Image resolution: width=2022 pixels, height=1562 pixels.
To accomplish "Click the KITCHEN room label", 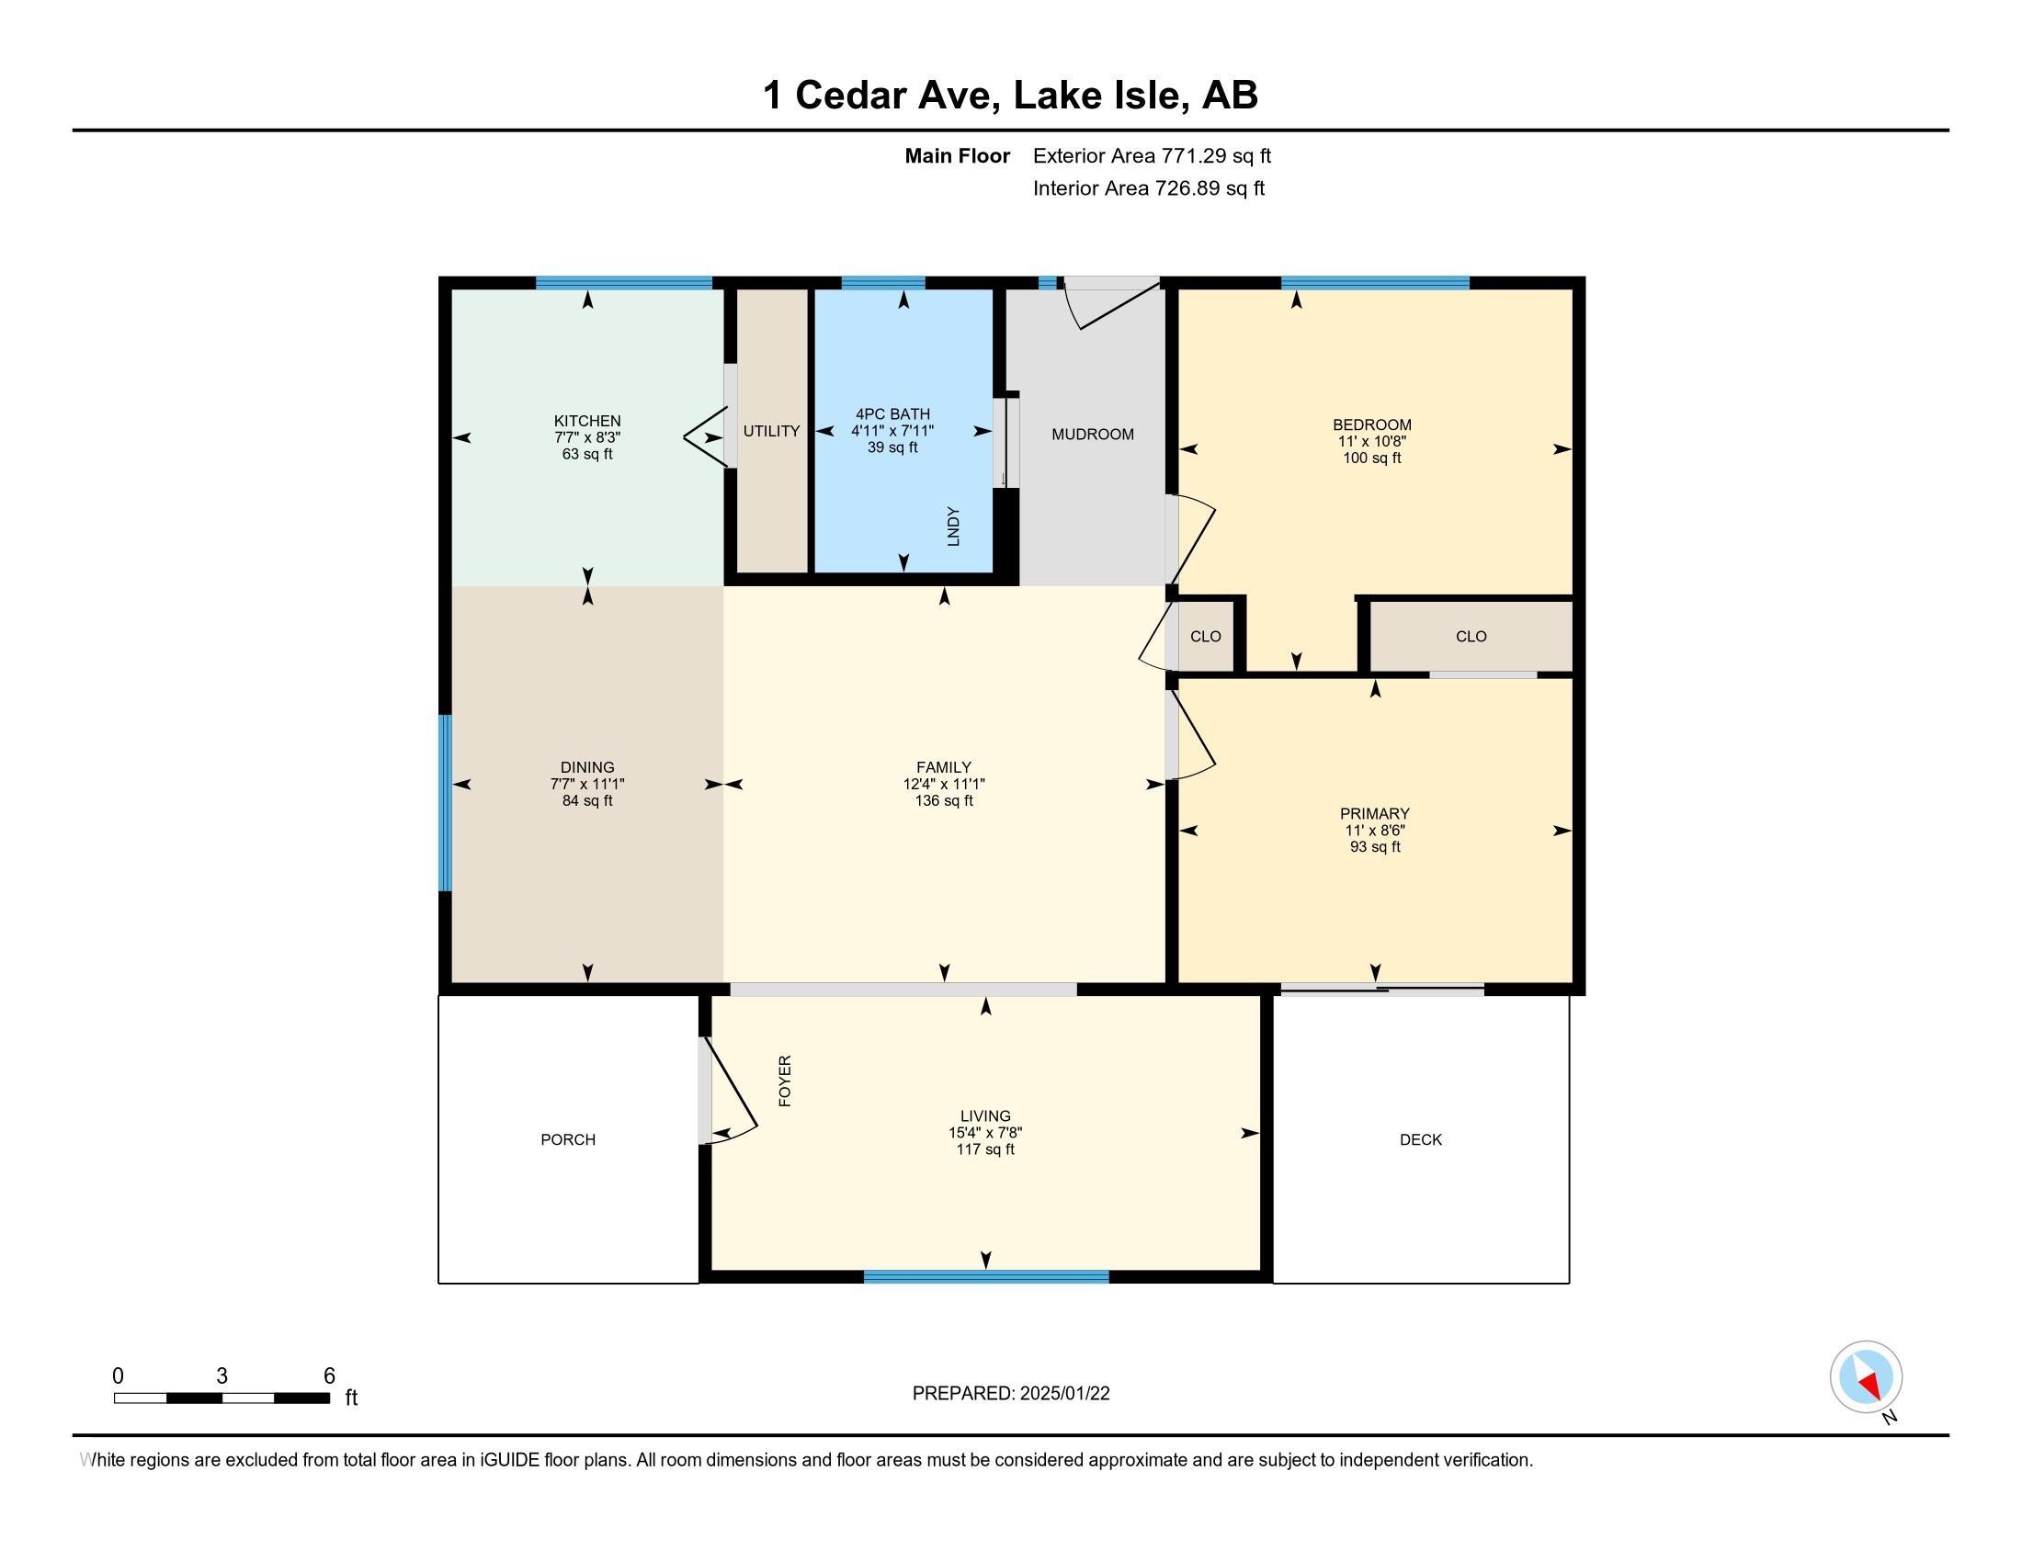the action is coord(587,421).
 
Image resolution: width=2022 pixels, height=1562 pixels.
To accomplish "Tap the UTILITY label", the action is coord(771,431).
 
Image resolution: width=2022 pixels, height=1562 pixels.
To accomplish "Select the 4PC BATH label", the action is coord(892,414).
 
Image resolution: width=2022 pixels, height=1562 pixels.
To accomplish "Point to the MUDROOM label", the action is coord(1093,434).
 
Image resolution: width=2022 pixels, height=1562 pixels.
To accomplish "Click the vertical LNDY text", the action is coord(954,526).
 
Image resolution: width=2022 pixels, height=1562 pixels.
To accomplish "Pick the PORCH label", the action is coord(567,1140).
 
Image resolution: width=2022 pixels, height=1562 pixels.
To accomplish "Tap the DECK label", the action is coord(1421,1140).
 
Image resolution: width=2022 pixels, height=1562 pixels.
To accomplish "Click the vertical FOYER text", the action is coord(785,1081).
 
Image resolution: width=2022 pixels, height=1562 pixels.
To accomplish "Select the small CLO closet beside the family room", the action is coord(1206,637).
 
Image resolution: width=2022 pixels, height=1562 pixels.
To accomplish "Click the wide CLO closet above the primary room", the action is coord(1471,637).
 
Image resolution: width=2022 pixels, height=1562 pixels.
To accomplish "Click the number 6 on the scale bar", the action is coord(329,1376).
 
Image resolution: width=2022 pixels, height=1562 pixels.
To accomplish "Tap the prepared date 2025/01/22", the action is coord(1064,1394).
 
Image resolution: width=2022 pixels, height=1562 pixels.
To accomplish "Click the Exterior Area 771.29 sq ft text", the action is coord(1152,156).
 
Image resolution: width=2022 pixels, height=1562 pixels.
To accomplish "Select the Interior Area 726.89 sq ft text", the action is coord(1149,188).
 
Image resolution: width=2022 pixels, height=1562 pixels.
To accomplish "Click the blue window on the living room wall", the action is coord(986,1277).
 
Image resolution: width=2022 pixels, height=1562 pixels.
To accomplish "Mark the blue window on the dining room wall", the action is coord(446,802).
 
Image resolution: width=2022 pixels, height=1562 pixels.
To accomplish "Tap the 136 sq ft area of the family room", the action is coord(944,801).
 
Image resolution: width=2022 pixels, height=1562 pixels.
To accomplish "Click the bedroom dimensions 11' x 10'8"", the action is coord(1372,441).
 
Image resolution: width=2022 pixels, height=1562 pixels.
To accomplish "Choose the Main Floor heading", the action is coord(958,156).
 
